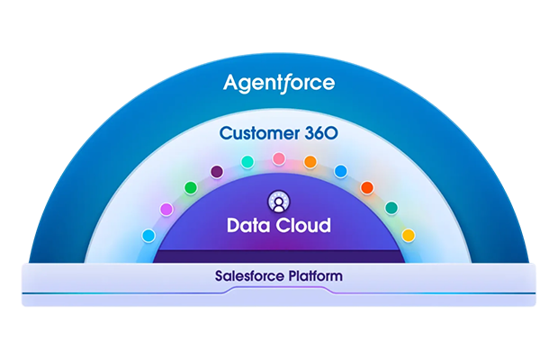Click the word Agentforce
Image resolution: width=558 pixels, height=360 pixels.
click(279, 84)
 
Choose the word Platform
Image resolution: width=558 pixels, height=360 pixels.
click(314, 275)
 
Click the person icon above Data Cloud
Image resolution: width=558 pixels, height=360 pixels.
click(278, 201)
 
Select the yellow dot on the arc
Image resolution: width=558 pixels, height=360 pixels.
click(408, 235)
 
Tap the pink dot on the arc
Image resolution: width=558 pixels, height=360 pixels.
click(278, 158)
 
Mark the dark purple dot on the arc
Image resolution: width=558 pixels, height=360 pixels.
click(216, 171)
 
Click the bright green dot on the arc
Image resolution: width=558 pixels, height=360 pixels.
click(190, 187)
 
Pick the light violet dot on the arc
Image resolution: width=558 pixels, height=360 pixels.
click(166, 209)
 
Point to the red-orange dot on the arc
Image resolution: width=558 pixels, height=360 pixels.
click(366, 187)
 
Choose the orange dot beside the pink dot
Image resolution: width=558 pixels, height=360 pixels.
click(310, 162)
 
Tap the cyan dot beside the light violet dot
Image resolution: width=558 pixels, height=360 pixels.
click(148, 235)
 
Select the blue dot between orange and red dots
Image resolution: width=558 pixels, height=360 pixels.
click(340, 171)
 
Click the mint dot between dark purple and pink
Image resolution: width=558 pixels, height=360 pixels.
click(247, 162)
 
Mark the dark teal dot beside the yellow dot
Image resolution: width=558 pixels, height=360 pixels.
click(391, 208)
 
